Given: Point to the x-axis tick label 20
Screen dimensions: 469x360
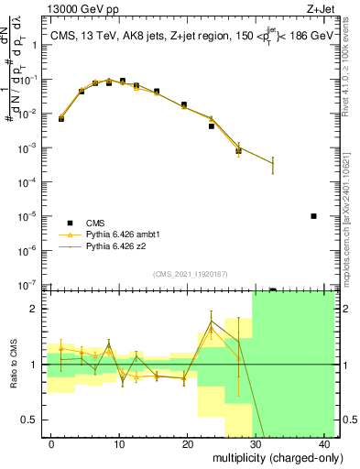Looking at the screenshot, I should click(187, 443).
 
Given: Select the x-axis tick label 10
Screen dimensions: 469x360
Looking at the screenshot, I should click(118, 443).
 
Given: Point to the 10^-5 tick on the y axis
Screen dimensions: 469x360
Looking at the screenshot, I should click(32, 216).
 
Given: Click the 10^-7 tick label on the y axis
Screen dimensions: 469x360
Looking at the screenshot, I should click(32, 285).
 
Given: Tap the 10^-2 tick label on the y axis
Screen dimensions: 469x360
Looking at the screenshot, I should click(32, 114).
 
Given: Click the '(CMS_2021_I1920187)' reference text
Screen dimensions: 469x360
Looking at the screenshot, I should click(191, 274).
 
